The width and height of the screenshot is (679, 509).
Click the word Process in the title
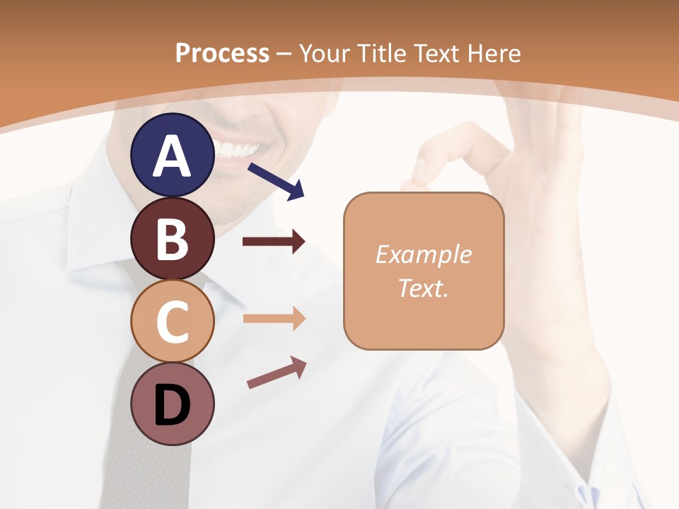(222, 53)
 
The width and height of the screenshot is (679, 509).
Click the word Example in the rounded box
(423, 255)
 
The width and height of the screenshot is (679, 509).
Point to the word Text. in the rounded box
(423, 288)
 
